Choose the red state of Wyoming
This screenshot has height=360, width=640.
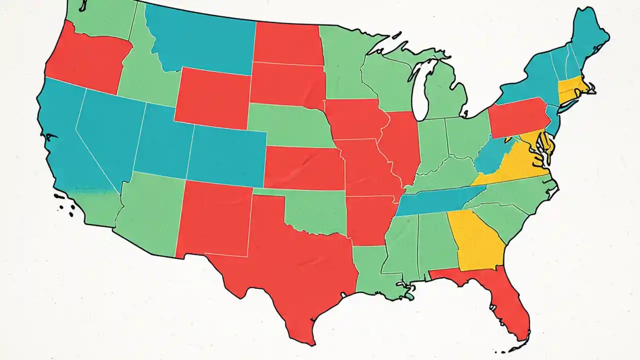point(212,97)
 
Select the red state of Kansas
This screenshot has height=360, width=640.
point(302,167)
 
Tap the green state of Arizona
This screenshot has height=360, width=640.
point(147,210)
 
